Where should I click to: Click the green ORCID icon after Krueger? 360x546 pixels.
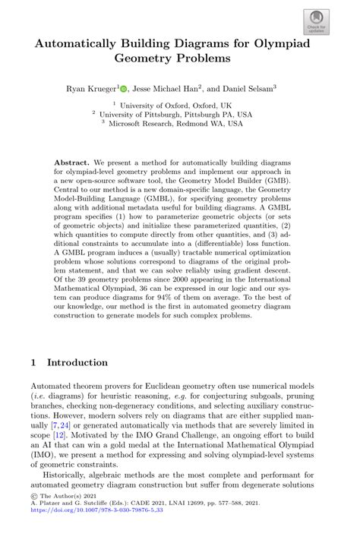123,89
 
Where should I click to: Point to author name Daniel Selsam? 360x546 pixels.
248,89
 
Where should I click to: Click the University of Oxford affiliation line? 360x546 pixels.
179,107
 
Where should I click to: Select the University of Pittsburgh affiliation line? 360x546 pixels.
179,116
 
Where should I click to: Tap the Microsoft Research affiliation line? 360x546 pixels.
179,125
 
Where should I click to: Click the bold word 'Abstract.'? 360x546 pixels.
73,163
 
